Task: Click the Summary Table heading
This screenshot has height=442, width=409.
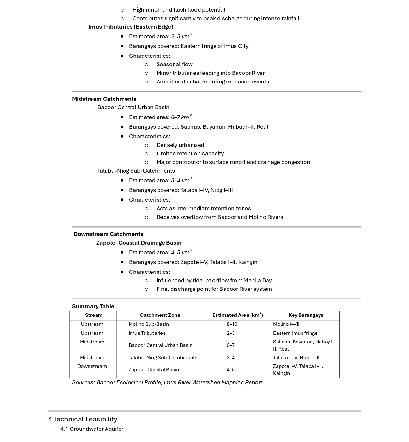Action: (x=93, y=306)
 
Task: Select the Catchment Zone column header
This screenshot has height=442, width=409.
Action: (x=160, y=315)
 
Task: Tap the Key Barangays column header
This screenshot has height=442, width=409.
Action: (x=306, y=315)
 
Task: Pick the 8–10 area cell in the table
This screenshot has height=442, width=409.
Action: (x=232, y=324)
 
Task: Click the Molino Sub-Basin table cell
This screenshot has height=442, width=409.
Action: (x=149, y=324)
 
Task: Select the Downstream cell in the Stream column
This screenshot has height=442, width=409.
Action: (x=92, y=366)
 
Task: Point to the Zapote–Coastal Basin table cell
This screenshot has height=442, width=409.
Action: (x=154, y=370)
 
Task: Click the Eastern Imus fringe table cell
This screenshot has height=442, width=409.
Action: (x=295, y=333)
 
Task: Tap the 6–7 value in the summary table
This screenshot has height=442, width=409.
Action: (x=231, y=345)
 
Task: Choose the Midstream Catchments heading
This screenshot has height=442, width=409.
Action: (x=104, y=99)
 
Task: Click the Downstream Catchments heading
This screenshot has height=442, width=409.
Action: (x=108, y=234)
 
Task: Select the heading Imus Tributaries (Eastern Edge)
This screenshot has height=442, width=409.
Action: (x=131, y=27)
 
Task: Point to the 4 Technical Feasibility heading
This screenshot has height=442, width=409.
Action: (x=83, y=419)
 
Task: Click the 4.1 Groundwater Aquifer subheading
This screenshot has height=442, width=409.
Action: (x=92, y=429)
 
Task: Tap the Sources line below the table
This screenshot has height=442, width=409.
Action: (x=167, y=382)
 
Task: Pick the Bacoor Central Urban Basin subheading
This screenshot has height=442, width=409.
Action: (x=133, y=107)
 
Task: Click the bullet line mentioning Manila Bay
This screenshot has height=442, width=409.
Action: (x=214, y=280)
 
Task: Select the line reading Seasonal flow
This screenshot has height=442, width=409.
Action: (x=175, y=64)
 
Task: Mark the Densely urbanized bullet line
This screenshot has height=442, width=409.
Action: (x=180, y=145)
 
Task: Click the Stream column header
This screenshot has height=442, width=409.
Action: (x=94, y=315)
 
